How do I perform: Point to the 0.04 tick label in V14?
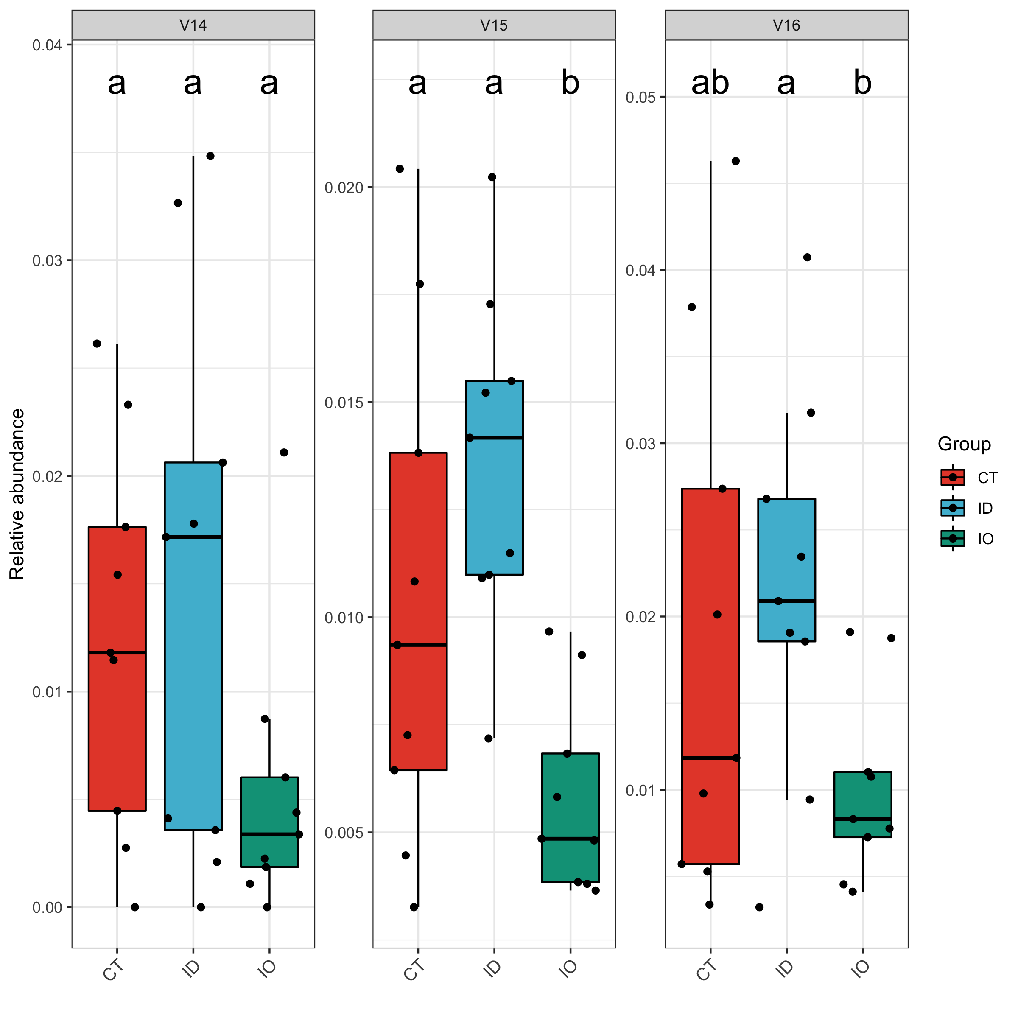click(47, 45)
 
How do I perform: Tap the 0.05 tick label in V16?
click(640, 98)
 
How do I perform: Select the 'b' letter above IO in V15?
click(570, 83)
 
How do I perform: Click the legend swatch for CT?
click(953, 477)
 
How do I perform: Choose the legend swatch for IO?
click(953, 539)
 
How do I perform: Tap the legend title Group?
click(964, 444)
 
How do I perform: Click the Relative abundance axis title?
click(17, 494)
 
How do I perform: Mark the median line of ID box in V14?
click(193, 537)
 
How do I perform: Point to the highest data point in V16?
click(736, 161)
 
